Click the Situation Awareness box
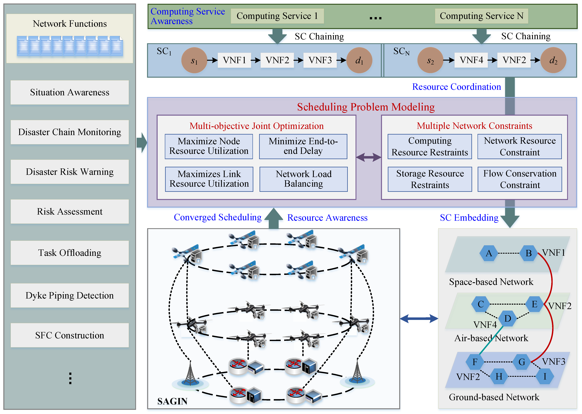70,92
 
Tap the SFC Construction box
70,335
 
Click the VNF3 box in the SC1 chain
320,60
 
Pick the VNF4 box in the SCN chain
471,60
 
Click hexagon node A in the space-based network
489,253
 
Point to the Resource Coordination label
457,87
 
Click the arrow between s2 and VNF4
449,60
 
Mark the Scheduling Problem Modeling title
366,107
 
